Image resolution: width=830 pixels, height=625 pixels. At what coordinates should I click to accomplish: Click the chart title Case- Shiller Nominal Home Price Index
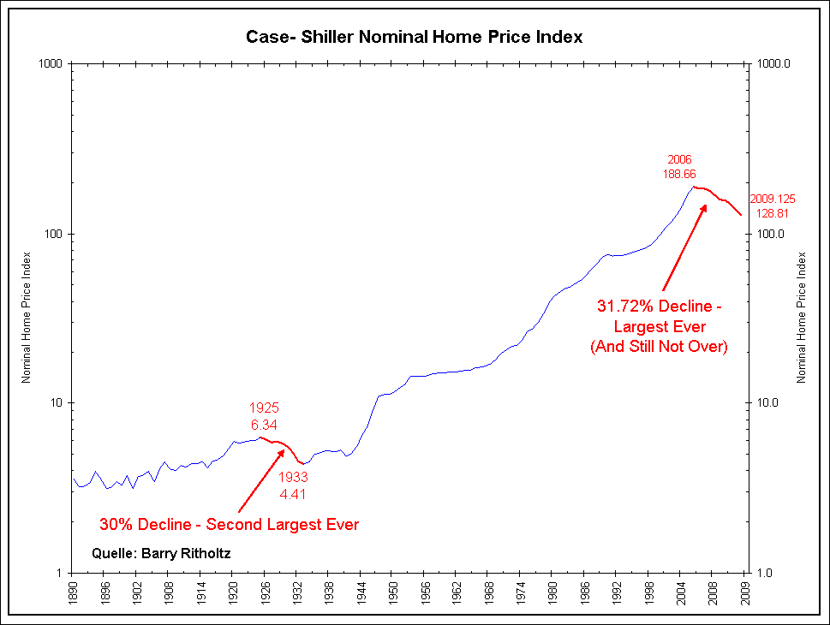point(415,37)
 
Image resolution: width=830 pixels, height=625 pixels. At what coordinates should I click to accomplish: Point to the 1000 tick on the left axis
point(53,63)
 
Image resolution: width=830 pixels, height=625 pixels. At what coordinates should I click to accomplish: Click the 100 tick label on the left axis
point(57,234)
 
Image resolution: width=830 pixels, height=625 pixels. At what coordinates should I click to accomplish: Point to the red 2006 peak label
point(680,159)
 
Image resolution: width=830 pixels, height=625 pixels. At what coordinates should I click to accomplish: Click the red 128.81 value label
point(775,212)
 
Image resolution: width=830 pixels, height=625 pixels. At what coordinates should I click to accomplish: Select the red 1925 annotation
point(264,408)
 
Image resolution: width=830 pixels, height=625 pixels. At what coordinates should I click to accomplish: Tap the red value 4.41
point(293,494)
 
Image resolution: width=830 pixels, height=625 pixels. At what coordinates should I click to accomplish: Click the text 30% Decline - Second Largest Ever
point(230,524)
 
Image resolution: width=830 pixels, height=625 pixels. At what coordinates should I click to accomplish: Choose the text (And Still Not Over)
point(657,347)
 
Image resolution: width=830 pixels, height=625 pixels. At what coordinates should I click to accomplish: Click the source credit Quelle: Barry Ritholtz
point(161,554)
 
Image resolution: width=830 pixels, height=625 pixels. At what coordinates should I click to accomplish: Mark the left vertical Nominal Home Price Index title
point(27,317)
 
